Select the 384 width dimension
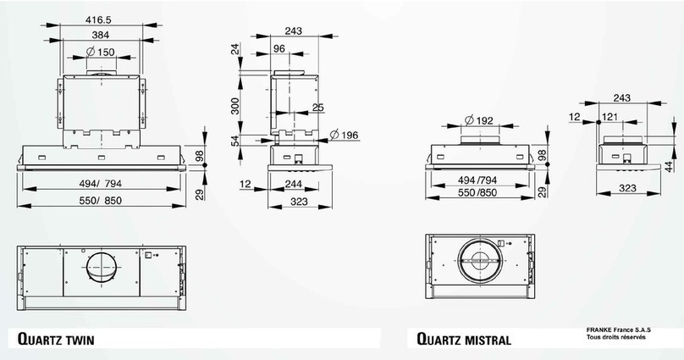tap(101, 35)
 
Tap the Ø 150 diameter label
tap(101, 53)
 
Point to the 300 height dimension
tap(236, 105)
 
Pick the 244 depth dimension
tap(295, 185)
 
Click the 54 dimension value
tap(236, 141)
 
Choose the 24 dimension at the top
tap(236, 52)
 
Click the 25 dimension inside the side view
tap(317, 107)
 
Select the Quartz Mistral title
tap(463, 339)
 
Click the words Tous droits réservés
tap(615, 338)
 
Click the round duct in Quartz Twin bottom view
tap(102, 269)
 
